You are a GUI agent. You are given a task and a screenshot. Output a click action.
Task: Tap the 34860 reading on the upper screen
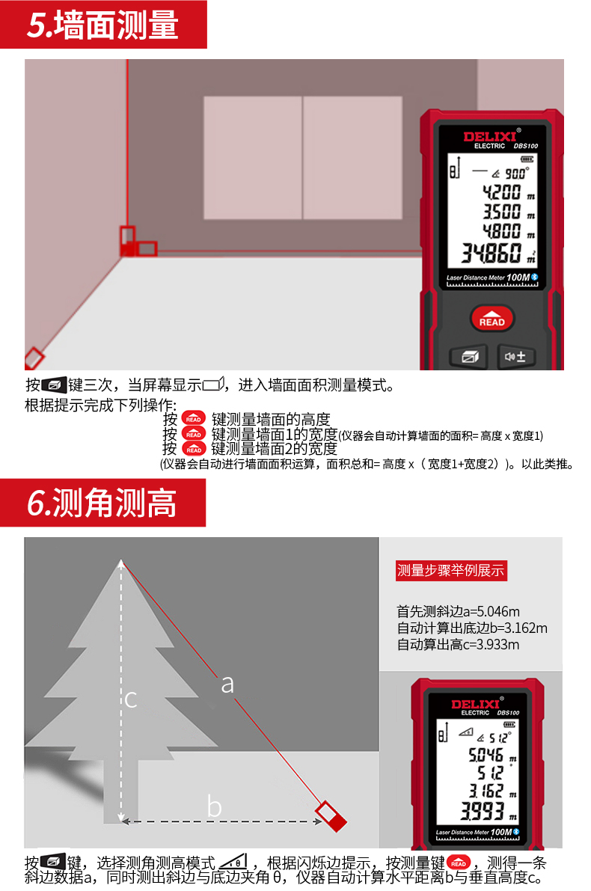491,253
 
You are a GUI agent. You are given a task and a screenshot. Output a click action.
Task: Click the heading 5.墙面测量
102,25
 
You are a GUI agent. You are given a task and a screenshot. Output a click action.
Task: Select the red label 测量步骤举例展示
450,571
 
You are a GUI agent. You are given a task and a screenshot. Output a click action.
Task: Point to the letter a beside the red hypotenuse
227,685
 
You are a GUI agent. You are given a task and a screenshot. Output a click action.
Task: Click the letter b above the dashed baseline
214,806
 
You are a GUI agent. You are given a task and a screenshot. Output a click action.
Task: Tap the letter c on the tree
131,699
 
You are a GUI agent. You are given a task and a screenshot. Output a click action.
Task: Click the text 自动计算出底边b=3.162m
471,628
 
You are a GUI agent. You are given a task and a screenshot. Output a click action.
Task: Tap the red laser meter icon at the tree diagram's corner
331,816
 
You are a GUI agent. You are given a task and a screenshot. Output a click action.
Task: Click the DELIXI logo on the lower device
475,704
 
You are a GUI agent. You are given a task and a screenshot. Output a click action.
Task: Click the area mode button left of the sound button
469,357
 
